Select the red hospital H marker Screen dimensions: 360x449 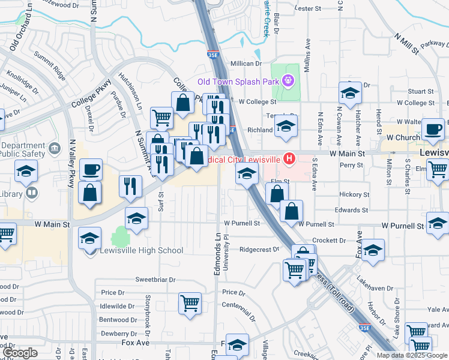pyautogui.click(x=290, y=159)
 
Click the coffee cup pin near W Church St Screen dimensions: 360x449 pyautogui.click(x=432, y=128)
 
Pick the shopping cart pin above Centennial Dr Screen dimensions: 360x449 pyautogui.click(x=190, y=302)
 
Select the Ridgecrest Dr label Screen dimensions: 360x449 pyautogui.click(x=259, y=249)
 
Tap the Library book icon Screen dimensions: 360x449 pyautogui.click(x=32, y=194)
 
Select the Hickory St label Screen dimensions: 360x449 pyautogui.click(x=354, y=195)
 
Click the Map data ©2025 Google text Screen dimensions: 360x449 pyautogui.click(x=412, y=355)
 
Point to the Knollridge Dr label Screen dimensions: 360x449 pyautogui.click(x=22, y=83)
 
